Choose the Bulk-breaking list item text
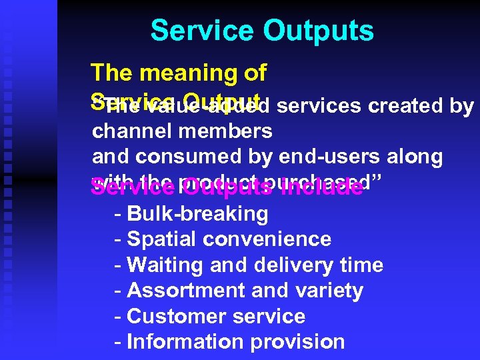pos(197,214)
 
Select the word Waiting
pos(165,265)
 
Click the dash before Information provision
pos(118,342)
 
